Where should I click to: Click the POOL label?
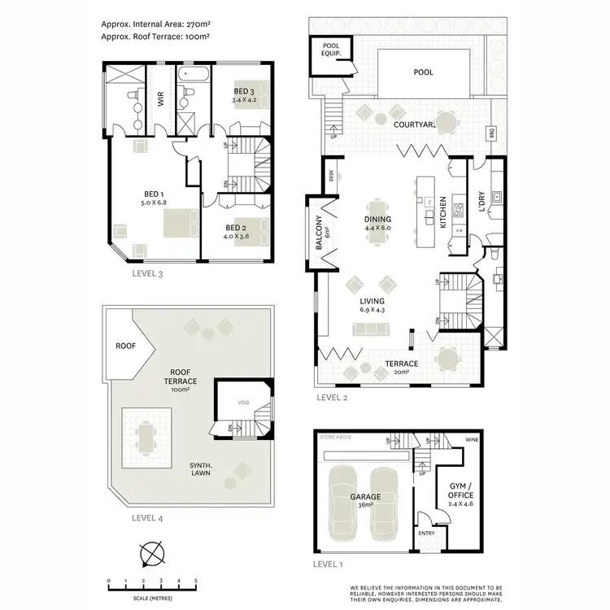pyautogui.click(x=423, y=72)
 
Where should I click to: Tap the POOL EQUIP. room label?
pyautogui.click(x=332, y=50)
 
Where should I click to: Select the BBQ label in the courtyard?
pyautogui.click(x=490, y=132)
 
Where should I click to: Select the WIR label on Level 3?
pyautogui.click(x=160, y=99)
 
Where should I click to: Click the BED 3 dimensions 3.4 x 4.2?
pyautogui.click(x=244, y=100)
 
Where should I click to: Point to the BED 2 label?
pyautogui.click(x=235, y=228)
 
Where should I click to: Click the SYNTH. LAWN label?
pyautogui.click(x=202, y=470)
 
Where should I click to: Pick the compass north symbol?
pyautogui.click(x=151, y=556)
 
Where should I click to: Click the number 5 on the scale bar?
pyautogui.click(x=195, y=580)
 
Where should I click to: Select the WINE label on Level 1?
pyautogui.click(x=472, y=439)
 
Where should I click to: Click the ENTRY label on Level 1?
pyautogui.click(x=426, y=534)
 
